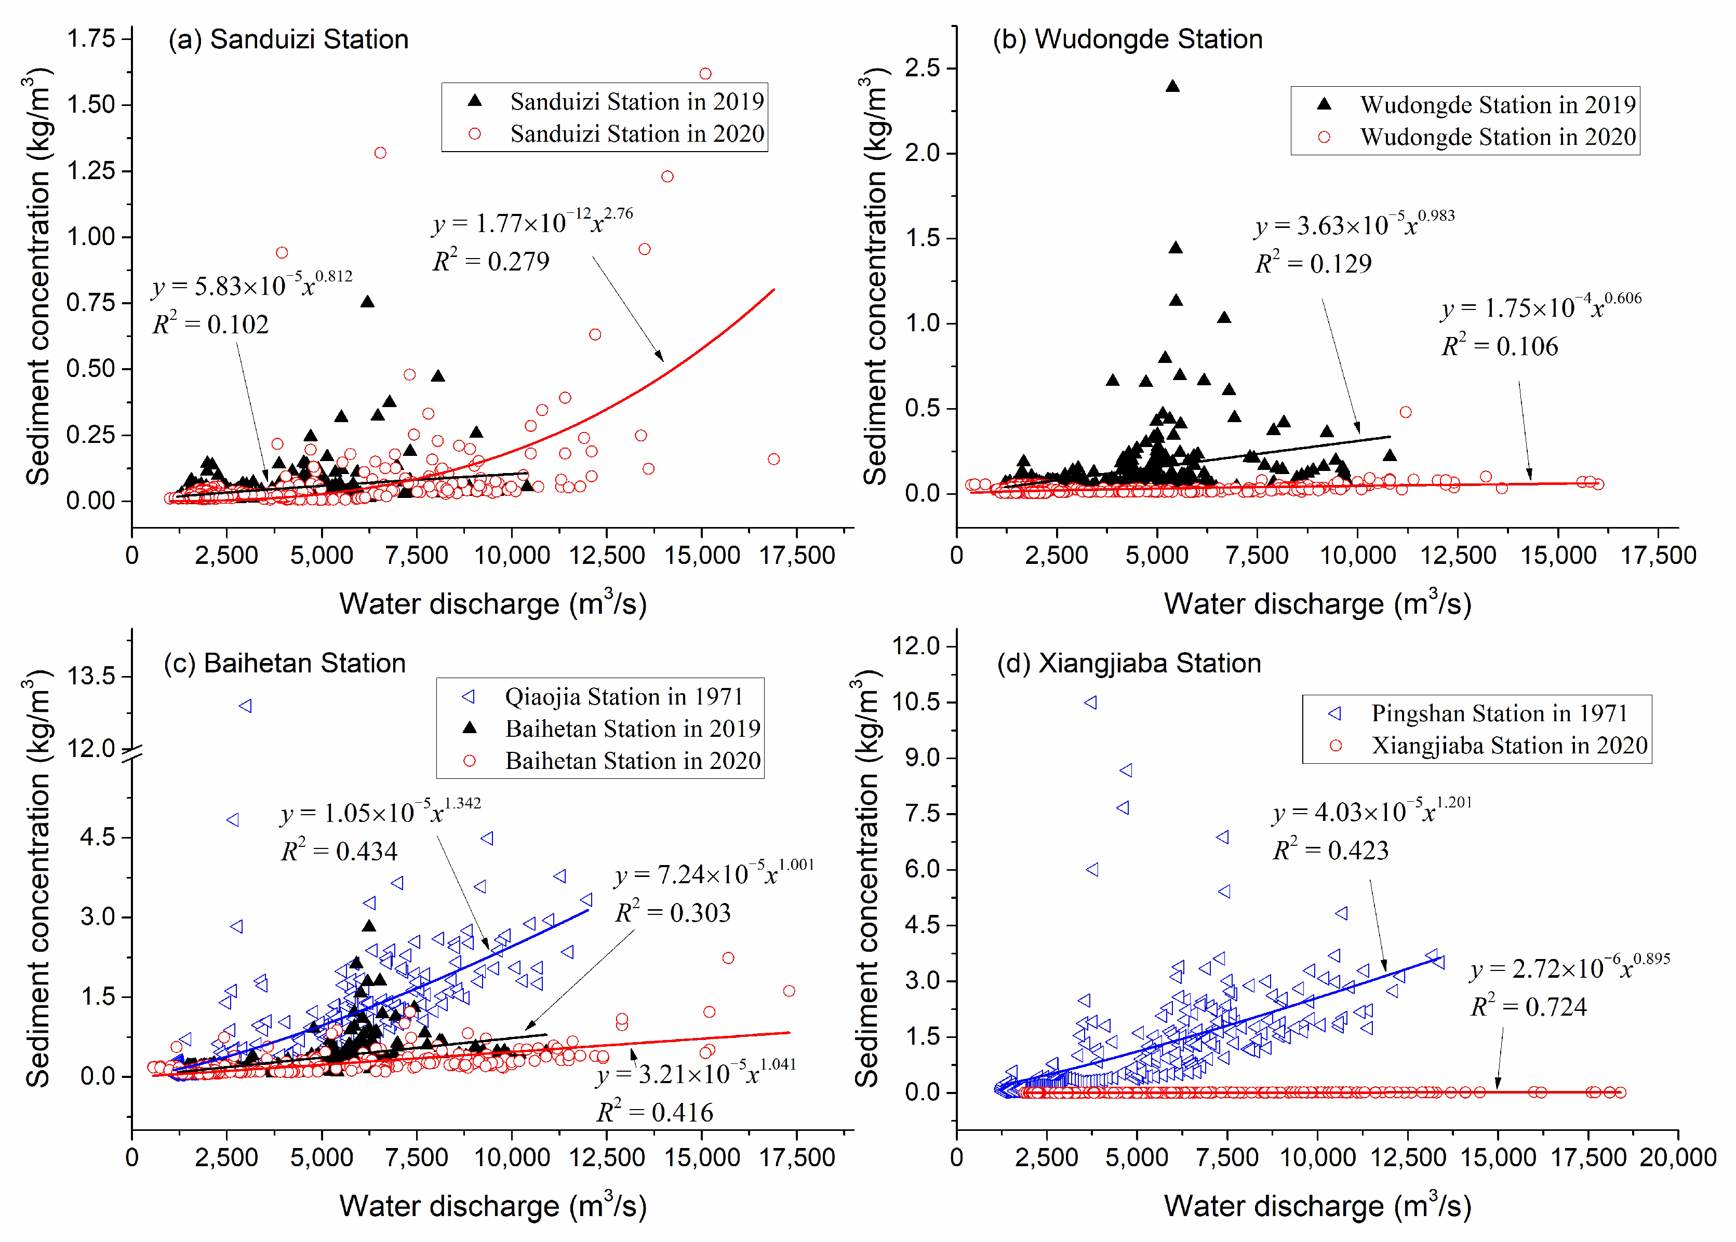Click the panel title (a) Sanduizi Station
pos(288,39)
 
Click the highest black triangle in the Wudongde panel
pos(1171,86)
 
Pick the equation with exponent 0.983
pos(1354,224)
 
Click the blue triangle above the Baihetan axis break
pos(246,706)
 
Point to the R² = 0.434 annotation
pos(339,851)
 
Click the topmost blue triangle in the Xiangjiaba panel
pos(1090,702)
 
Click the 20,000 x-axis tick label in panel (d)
pos(1677,1157)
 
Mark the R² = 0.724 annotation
pos(1528,1006)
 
